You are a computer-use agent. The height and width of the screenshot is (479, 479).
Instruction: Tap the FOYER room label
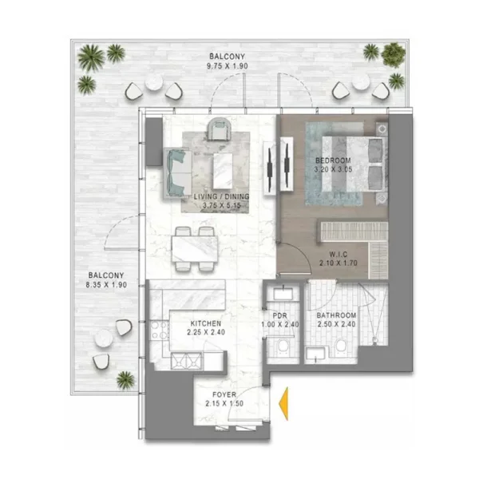click(224, 394)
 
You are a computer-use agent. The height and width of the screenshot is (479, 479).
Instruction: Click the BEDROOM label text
click(334, 160)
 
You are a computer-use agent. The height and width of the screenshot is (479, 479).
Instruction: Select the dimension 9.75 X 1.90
click(220, 65)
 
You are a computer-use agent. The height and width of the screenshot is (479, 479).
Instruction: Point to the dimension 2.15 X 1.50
click(224, 404)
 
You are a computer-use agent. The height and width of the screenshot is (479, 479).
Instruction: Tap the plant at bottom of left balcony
click(125, 379)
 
